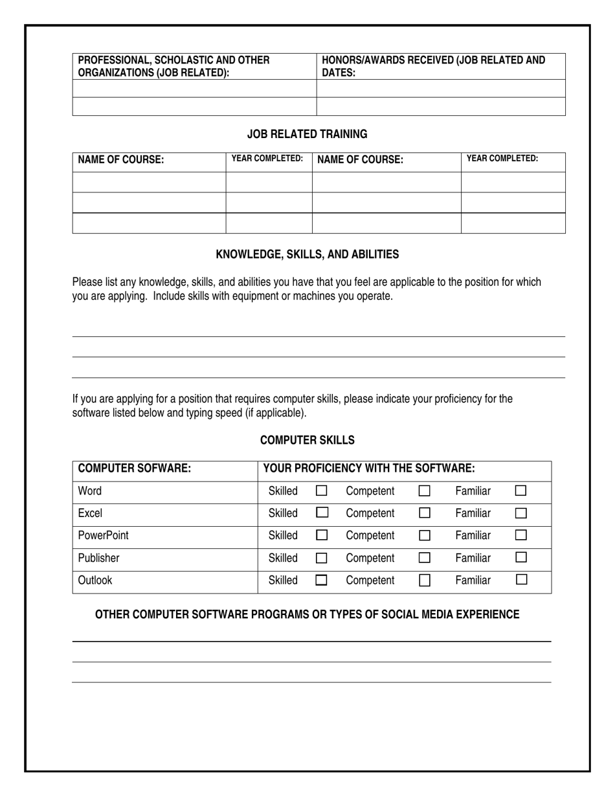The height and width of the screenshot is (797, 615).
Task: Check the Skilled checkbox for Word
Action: click(321, 491)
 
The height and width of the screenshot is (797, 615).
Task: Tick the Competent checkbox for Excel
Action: click(425, 513)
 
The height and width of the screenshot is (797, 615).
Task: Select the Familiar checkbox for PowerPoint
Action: click(521, 535)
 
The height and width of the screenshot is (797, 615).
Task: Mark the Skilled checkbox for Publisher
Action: click(321, 558)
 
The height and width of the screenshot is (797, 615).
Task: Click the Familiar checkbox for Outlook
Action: click(521, 580)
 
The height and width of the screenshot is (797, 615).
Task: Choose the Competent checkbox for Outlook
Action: click(425, 581)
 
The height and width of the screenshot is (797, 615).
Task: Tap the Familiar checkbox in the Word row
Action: click(521, 491)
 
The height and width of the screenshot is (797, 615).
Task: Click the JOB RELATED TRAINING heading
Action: click(307, 134)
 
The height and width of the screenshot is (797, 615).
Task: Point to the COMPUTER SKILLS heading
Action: click(307, 441)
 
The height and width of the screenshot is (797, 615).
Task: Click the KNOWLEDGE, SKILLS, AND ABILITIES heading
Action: click(307, 255)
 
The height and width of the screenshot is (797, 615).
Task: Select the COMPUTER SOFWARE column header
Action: click(134, 468)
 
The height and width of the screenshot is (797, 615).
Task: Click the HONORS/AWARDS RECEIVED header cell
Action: click(433, 66)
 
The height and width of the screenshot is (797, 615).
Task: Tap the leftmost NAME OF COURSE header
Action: click(120, 160)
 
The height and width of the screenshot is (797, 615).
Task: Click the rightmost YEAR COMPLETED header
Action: click(502, 158)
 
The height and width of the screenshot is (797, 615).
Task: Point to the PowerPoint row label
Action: click(103, 535)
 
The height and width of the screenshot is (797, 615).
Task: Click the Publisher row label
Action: click(98, 558)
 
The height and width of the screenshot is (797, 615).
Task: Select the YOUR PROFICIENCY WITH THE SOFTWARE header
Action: click(369, 468)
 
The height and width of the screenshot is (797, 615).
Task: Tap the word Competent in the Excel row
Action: click(370, 513)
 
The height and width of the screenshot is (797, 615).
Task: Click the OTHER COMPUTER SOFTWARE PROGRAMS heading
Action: click(307, 614)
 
